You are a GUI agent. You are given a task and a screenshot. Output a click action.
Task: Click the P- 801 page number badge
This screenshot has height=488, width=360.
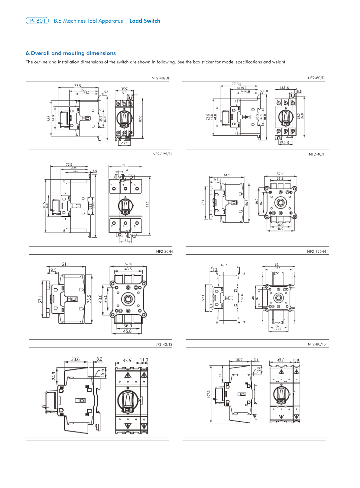click(x=37, y=21)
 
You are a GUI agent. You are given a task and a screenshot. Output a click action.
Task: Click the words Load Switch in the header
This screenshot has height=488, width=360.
click(x=145, y=21)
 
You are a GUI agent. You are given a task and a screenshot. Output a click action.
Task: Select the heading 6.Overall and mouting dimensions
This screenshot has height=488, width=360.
click(x=71, y=53)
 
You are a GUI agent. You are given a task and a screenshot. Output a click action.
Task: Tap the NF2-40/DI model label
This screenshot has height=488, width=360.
click(x=160, y=78)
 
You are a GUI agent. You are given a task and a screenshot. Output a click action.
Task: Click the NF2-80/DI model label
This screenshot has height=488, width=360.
click(x=316, y=78)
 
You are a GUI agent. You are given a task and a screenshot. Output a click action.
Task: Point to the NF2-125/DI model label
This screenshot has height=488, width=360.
click(x=162, y=154)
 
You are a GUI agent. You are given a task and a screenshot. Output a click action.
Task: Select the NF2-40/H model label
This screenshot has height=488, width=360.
click(x=317, y=154)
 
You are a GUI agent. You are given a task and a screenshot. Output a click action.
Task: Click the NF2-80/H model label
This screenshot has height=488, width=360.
click(x=164, y=252)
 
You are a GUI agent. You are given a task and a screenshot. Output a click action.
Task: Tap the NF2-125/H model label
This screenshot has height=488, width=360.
click(x=316, y=252)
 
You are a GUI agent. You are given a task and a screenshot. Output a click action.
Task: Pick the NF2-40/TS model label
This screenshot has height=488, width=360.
click(x=163, y=345)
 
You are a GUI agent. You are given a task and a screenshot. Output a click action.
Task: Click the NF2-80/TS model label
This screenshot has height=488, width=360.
click(x=316, y=344)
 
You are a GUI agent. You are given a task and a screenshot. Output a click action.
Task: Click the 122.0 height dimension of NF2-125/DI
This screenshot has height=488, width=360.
click(x=148, y=205)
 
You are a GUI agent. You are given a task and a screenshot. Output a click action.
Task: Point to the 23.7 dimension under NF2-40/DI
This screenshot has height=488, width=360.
click(x=124, y=143)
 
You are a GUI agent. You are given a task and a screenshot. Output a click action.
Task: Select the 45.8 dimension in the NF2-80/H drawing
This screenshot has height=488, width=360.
click(x=127, y=331)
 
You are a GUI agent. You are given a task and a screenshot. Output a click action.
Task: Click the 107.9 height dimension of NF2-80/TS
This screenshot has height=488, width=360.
click(x=209, y=394)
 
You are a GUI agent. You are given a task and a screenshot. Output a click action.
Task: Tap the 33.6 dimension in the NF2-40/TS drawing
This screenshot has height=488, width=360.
click(x=75, y=359)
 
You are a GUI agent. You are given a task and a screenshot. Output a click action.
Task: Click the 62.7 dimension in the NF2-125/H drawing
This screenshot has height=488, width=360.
click(x=224, y=265)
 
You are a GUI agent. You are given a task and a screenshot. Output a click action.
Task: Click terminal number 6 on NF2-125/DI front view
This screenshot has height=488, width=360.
click(x=135, y=226)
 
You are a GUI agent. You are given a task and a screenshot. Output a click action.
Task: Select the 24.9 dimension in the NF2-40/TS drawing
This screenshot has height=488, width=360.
click(x=54, y=376)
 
